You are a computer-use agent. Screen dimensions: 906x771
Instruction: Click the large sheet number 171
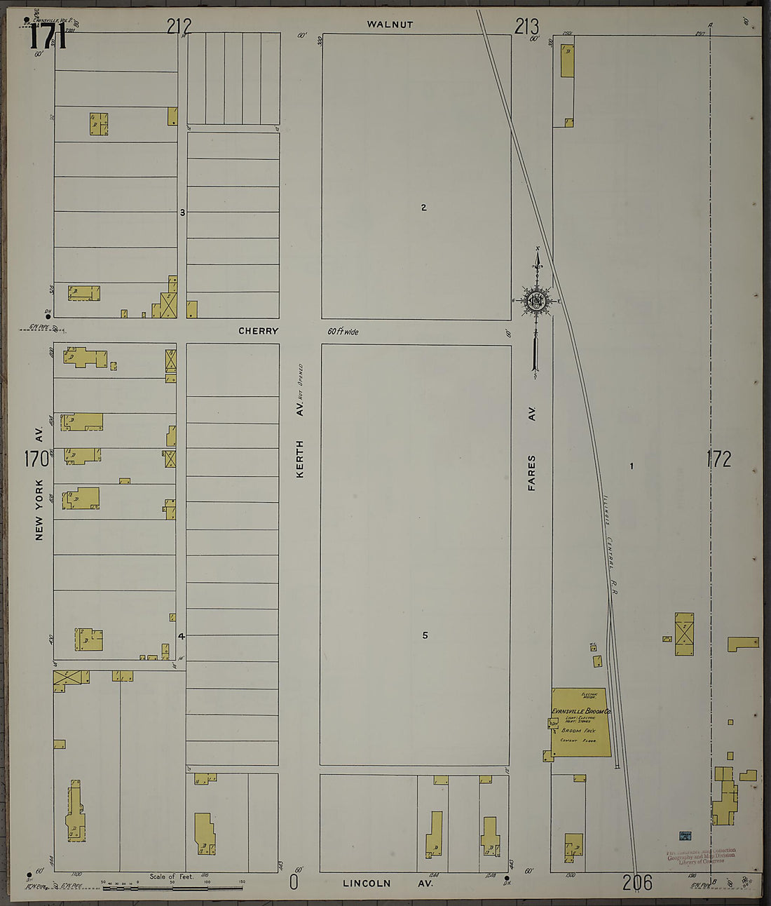point(48,36)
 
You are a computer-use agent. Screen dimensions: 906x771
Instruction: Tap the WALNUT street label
point(390,25)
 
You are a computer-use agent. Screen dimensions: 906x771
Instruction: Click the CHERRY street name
point(258,331)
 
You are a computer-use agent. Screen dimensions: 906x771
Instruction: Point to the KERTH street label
point(300,459)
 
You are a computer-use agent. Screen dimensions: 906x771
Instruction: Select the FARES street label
point(532,472)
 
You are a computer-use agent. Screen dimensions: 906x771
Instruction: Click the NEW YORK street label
point(39,509)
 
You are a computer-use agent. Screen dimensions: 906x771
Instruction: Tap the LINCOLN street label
point(367,884)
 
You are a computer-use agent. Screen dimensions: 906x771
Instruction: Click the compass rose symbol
point(537,302)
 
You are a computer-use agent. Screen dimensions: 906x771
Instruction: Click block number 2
point(424,208)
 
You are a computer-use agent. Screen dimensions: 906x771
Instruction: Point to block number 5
point(425,635)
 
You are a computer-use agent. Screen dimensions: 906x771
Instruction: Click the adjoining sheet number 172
point(718,459)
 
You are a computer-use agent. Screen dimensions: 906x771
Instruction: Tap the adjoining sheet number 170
point(36,459)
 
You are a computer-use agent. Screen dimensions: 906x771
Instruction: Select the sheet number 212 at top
point(179,27)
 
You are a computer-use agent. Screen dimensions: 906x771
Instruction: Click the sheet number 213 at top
point(526,27)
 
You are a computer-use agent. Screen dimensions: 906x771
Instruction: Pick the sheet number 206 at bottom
point(636,882)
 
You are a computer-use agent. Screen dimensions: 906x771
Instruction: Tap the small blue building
point(685,836)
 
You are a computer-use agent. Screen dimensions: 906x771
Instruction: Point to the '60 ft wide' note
point(343,332)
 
